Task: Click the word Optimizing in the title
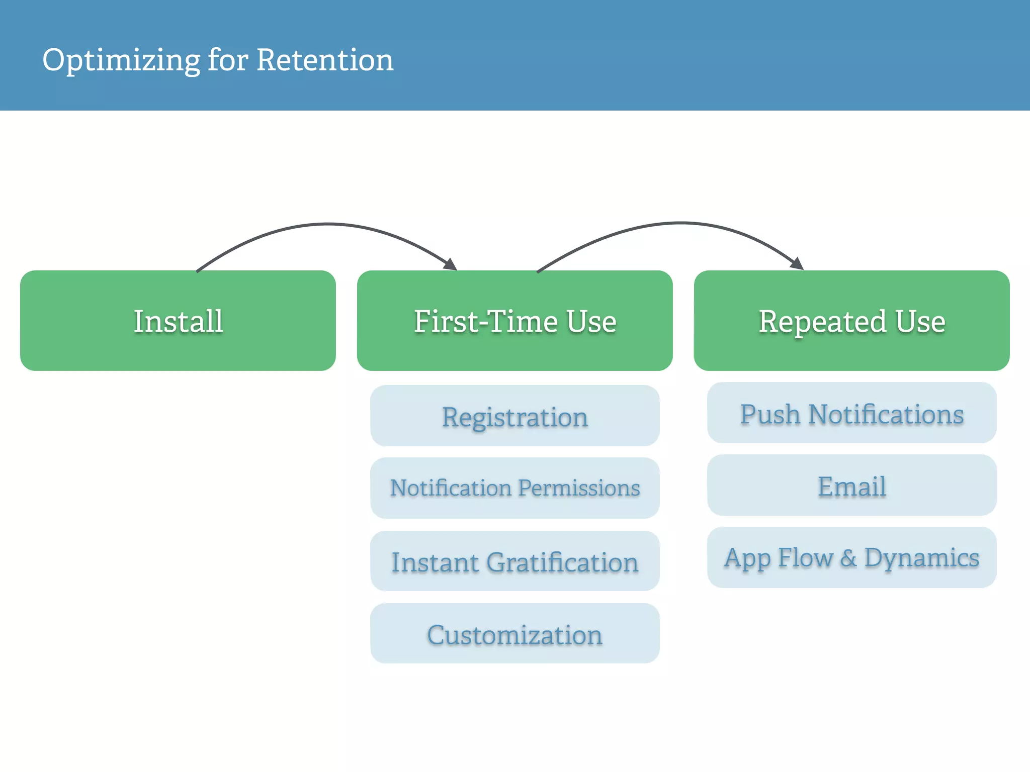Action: (x=121, y=60)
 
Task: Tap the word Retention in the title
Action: (x=325, y=60)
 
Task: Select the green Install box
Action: (x=178, y=321)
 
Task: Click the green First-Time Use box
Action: (x=514, y=321)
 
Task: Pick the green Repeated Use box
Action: (x=851, y=321)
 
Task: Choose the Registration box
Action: (x=514, y=416)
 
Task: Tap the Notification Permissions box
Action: (x=514, y=488)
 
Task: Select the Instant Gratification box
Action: (x=514, y=561)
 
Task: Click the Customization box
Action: (x=514, y=634)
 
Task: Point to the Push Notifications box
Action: (x=851, y=413)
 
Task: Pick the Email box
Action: (x=851, y=486)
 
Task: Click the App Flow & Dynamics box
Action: (x=851, y=557)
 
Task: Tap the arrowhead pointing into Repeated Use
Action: (x=797, y=263)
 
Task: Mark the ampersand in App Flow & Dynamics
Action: (x=848, y=558)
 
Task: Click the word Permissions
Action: (x=579, y=488)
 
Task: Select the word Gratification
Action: (x=562, y=562)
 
